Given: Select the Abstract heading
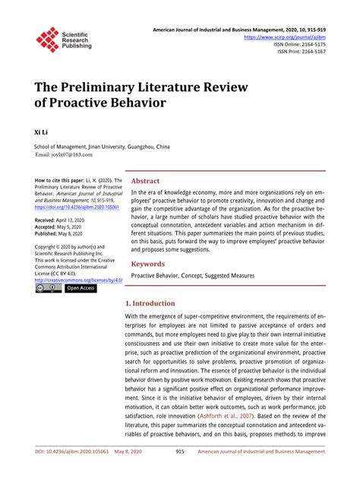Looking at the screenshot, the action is [145, 182].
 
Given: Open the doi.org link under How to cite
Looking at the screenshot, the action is [76, 206].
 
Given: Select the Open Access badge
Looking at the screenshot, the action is [81, 289].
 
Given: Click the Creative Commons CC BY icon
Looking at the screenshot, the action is [48, 289].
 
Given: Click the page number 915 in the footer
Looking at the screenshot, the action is [180, 473].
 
